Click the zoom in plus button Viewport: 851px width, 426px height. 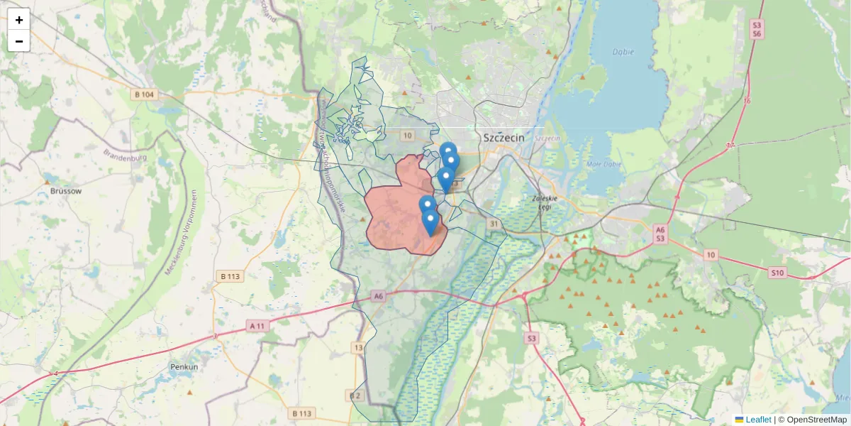18,20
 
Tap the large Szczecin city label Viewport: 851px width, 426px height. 504,138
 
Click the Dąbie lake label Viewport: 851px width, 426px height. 623,52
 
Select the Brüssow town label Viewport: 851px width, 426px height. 66,191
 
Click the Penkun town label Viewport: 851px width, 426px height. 184,367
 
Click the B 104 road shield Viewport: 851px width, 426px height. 144,94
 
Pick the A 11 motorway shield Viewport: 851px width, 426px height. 258,326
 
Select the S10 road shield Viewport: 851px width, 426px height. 777,273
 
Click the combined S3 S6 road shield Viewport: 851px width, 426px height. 757,29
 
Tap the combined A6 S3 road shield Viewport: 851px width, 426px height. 660,234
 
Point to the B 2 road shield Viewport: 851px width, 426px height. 355,395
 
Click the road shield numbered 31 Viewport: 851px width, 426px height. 493,224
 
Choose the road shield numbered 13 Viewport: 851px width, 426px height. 358,347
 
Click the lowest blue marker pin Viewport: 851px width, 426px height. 430,222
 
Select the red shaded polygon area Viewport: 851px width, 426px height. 397,213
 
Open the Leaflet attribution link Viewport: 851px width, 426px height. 758,420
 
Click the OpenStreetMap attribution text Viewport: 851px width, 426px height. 816,420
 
